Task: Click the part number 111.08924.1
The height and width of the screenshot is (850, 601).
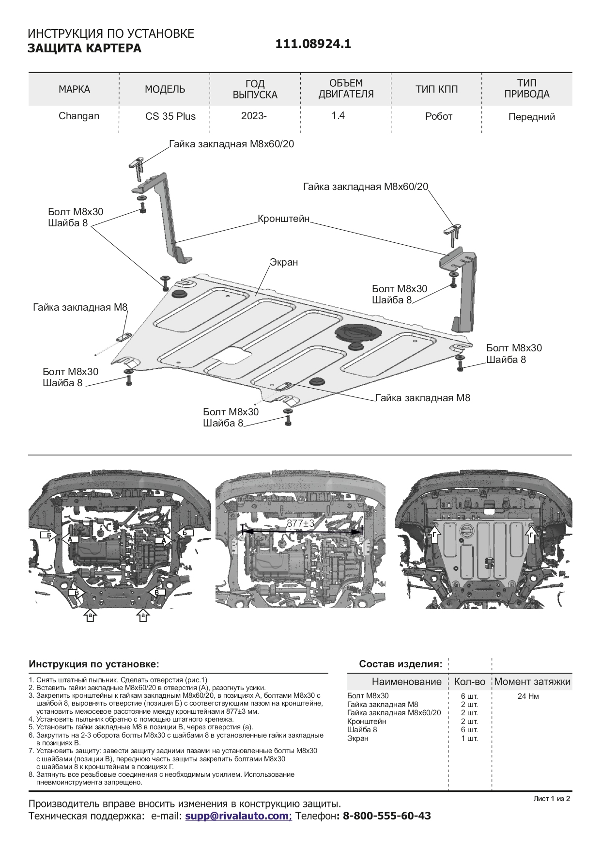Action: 313,44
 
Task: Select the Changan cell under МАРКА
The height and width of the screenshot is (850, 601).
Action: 79,116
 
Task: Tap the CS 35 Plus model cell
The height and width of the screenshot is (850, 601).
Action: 170,117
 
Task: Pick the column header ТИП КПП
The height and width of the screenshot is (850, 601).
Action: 436,89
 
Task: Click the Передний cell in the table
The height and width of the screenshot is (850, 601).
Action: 532,117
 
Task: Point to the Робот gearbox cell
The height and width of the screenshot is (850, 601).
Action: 439,117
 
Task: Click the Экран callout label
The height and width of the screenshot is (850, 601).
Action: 284,263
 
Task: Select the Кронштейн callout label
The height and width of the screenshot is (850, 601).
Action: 283,218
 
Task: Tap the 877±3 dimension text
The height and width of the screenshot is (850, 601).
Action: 300,523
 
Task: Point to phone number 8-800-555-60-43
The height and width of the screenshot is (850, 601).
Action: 386,816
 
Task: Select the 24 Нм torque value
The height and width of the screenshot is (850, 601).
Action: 532,696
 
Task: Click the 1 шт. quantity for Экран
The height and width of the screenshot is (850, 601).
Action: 469,739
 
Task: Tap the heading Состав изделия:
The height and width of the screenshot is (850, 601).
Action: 401,664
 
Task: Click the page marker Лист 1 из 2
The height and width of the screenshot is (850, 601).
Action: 552,798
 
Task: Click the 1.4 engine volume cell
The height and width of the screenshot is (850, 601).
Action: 338,116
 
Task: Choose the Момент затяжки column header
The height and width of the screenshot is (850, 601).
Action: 532,682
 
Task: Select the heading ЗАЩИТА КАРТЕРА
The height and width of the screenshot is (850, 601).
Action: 85,48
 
